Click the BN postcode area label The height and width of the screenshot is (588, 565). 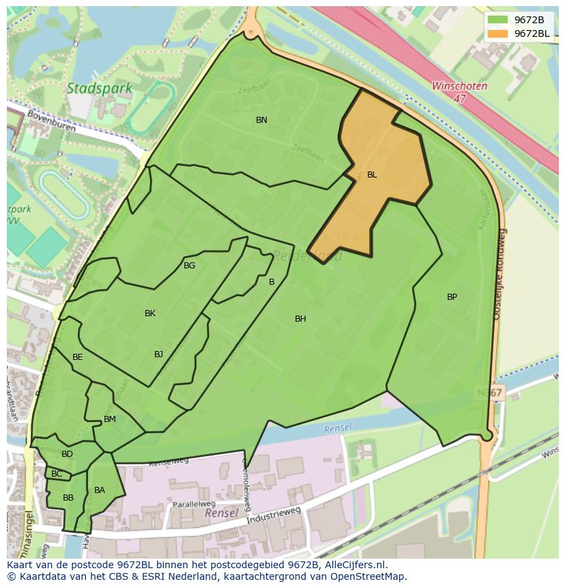(x=261, y=120)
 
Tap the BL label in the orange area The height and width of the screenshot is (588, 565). (x=372, y=175)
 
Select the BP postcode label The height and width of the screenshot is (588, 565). (x=452, y=297)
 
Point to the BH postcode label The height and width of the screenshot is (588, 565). (x=300, y=319)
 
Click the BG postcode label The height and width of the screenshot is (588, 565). (x=189, y=266)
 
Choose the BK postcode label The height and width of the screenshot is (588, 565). (x=150, y=313)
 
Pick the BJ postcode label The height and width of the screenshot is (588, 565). (x=158, y=354)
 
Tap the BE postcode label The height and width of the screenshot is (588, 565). (x=78, y=357)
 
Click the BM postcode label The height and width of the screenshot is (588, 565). (x=110, y=419)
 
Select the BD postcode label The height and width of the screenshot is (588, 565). (x=67, y=454)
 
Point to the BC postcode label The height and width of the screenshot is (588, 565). (x=57, y=474)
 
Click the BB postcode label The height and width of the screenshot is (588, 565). (x=68, y=498)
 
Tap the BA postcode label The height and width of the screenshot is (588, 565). (x=100, y=490)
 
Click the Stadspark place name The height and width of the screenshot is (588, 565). (x=91, y=88)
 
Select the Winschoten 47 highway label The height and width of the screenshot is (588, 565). (x=459, y=92)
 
